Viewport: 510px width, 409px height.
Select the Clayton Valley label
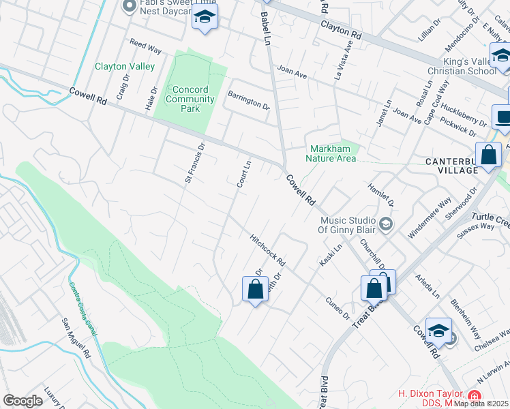click(x=125, y=67)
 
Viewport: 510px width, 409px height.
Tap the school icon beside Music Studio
click(x=385, y=224)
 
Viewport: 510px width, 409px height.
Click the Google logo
click(x=22, y=400)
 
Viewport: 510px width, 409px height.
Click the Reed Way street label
click(x=145, y=46)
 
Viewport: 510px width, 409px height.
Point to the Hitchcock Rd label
click(x=267, y=251)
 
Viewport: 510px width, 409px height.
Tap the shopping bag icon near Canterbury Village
click(x=488, y=155)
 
